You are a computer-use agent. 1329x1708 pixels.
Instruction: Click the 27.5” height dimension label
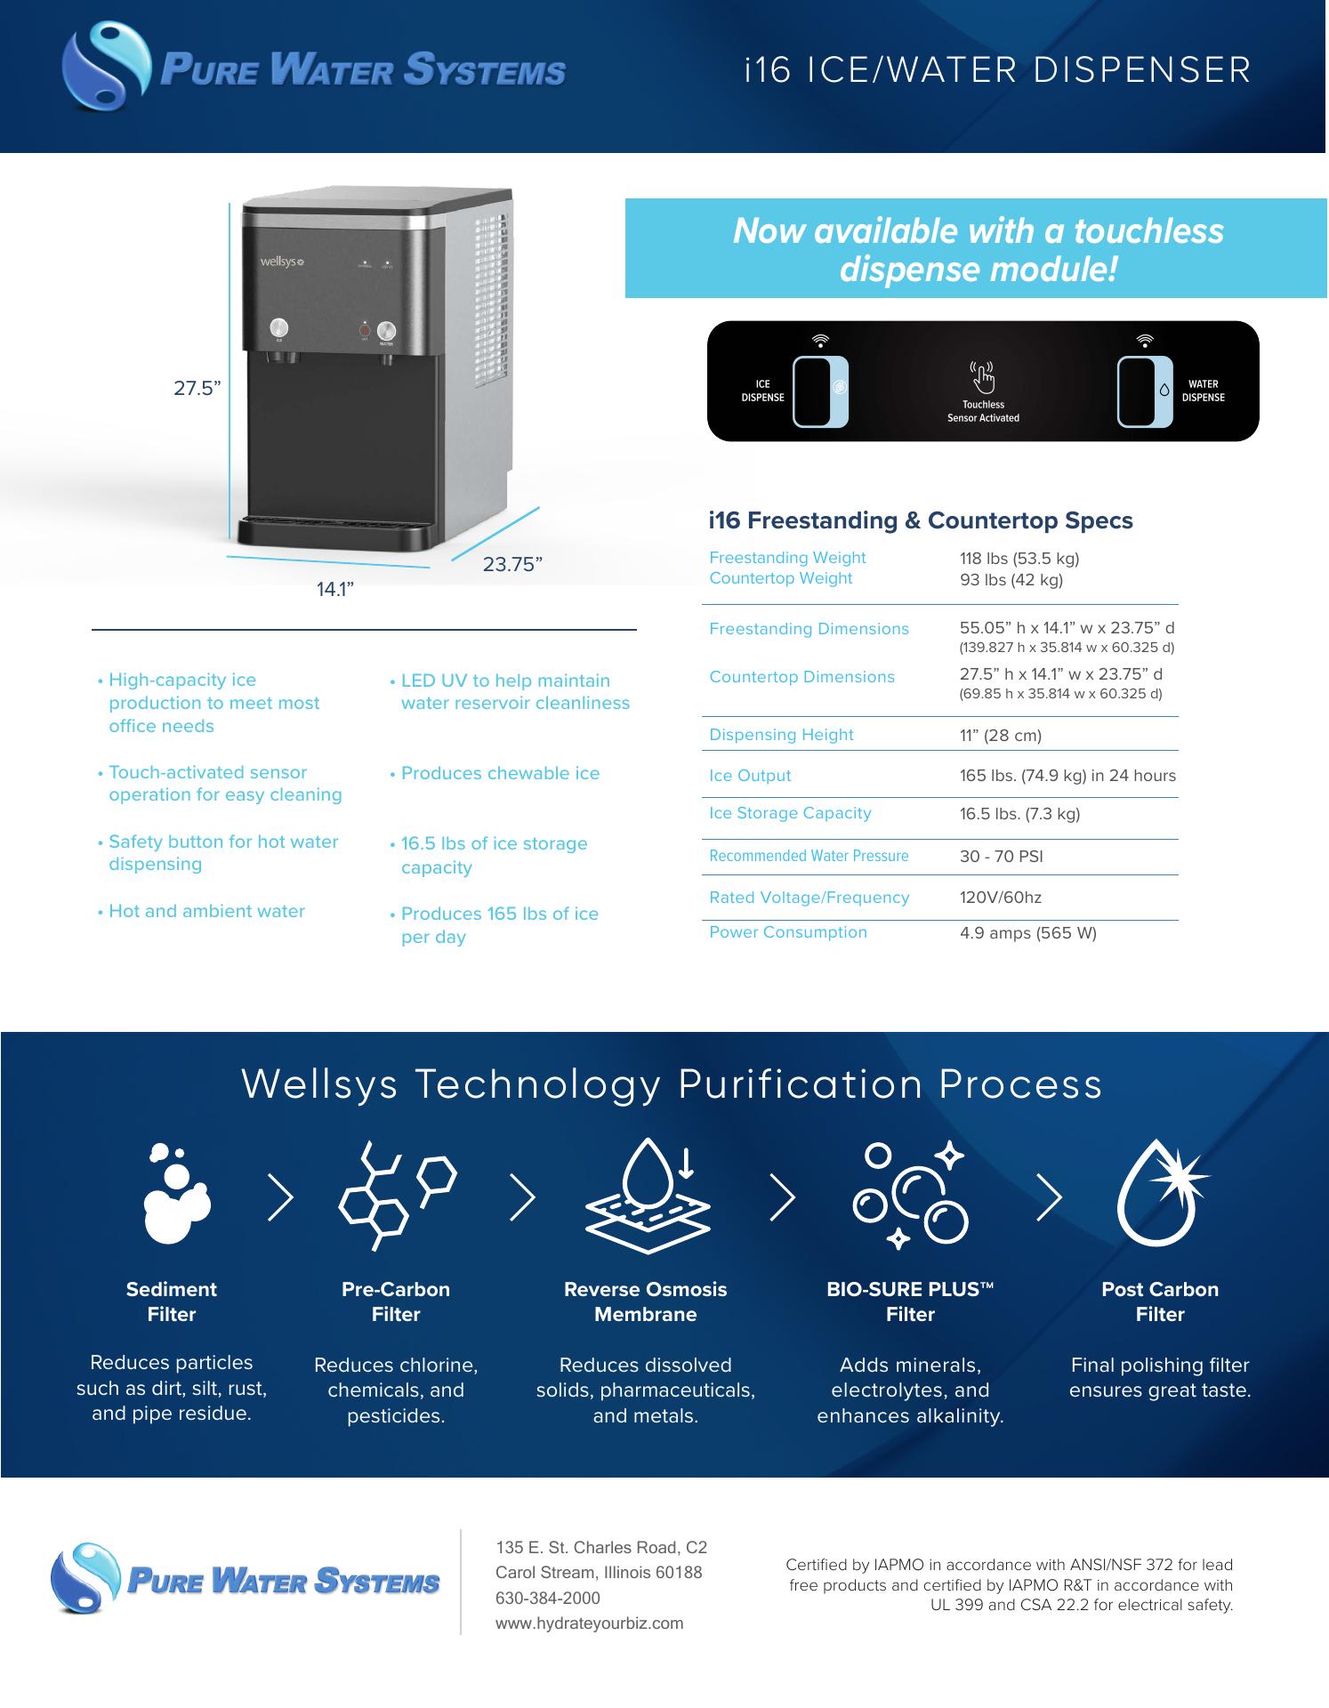coord(197,389)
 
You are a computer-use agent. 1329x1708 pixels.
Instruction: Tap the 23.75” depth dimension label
coord(512,564)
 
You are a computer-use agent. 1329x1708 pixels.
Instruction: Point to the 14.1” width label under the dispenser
coord(336,589)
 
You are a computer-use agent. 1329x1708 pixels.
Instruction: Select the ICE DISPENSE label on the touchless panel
coord(762,391)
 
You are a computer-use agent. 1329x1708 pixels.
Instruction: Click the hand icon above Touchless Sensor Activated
coord(983,376)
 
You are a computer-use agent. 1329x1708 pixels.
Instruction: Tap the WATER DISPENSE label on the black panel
coord(1203,391)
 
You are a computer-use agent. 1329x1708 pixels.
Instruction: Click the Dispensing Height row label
coord(781,735)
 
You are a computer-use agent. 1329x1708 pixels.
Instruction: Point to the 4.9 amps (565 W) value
coord(1027,933)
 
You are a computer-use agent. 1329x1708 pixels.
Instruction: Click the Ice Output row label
coord(750,776)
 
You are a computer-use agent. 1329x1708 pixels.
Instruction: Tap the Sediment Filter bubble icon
coord(176,1193)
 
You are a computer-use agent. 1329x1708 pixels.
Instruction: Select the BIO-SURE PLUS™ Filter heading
coord(910,1301)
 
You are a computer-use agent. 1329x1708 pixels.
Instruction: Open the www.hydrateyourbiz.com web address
coord(590,1623)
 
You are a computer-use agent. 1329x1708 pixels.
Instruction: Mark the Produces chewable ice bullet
coord(495,773)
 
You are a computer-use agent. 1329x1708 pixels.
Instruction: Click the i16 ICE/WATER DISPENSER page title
coord(998,70)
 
